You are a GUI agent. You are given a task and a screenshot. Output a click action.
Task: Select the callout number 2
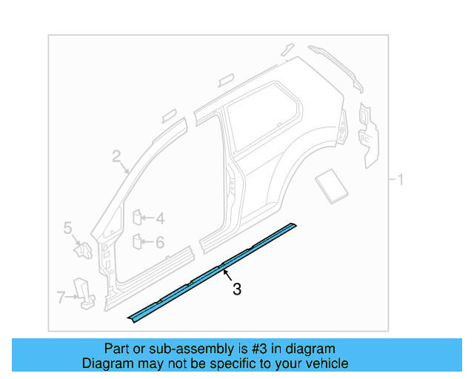pos(116,155)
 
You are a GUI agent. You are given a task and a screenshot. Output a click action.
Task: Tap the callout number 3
pos(236,289)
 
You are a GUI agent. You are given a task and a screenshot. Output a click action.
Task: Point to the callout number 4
pos(159,218)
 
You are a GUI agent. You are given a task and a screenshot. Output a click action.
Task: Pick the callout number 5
pos(67,228)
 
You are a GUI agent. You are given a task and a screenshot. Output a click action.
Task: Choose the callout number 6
pos(159,241)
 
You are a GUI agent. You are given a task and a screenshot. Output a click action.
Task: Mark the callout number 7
pos(61,298)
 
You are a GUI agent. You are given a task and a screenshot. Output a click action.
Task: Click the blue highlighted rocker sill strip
pos(215,269)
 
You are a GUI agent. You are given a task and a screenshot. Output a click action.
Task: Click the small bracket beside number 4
pos(137,217)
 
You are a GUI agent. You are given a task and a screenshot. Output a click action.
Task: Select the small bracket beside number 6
pos(137,241)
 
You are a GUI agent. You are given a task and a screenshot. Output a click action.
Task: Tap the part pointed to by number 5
pos(81,249)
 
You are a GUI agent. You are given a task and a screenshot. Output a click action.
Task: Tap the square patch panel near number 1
pos(330,184)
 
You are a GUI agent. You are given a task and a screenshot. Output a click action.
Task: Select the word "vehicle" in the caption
pos(327,363)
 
